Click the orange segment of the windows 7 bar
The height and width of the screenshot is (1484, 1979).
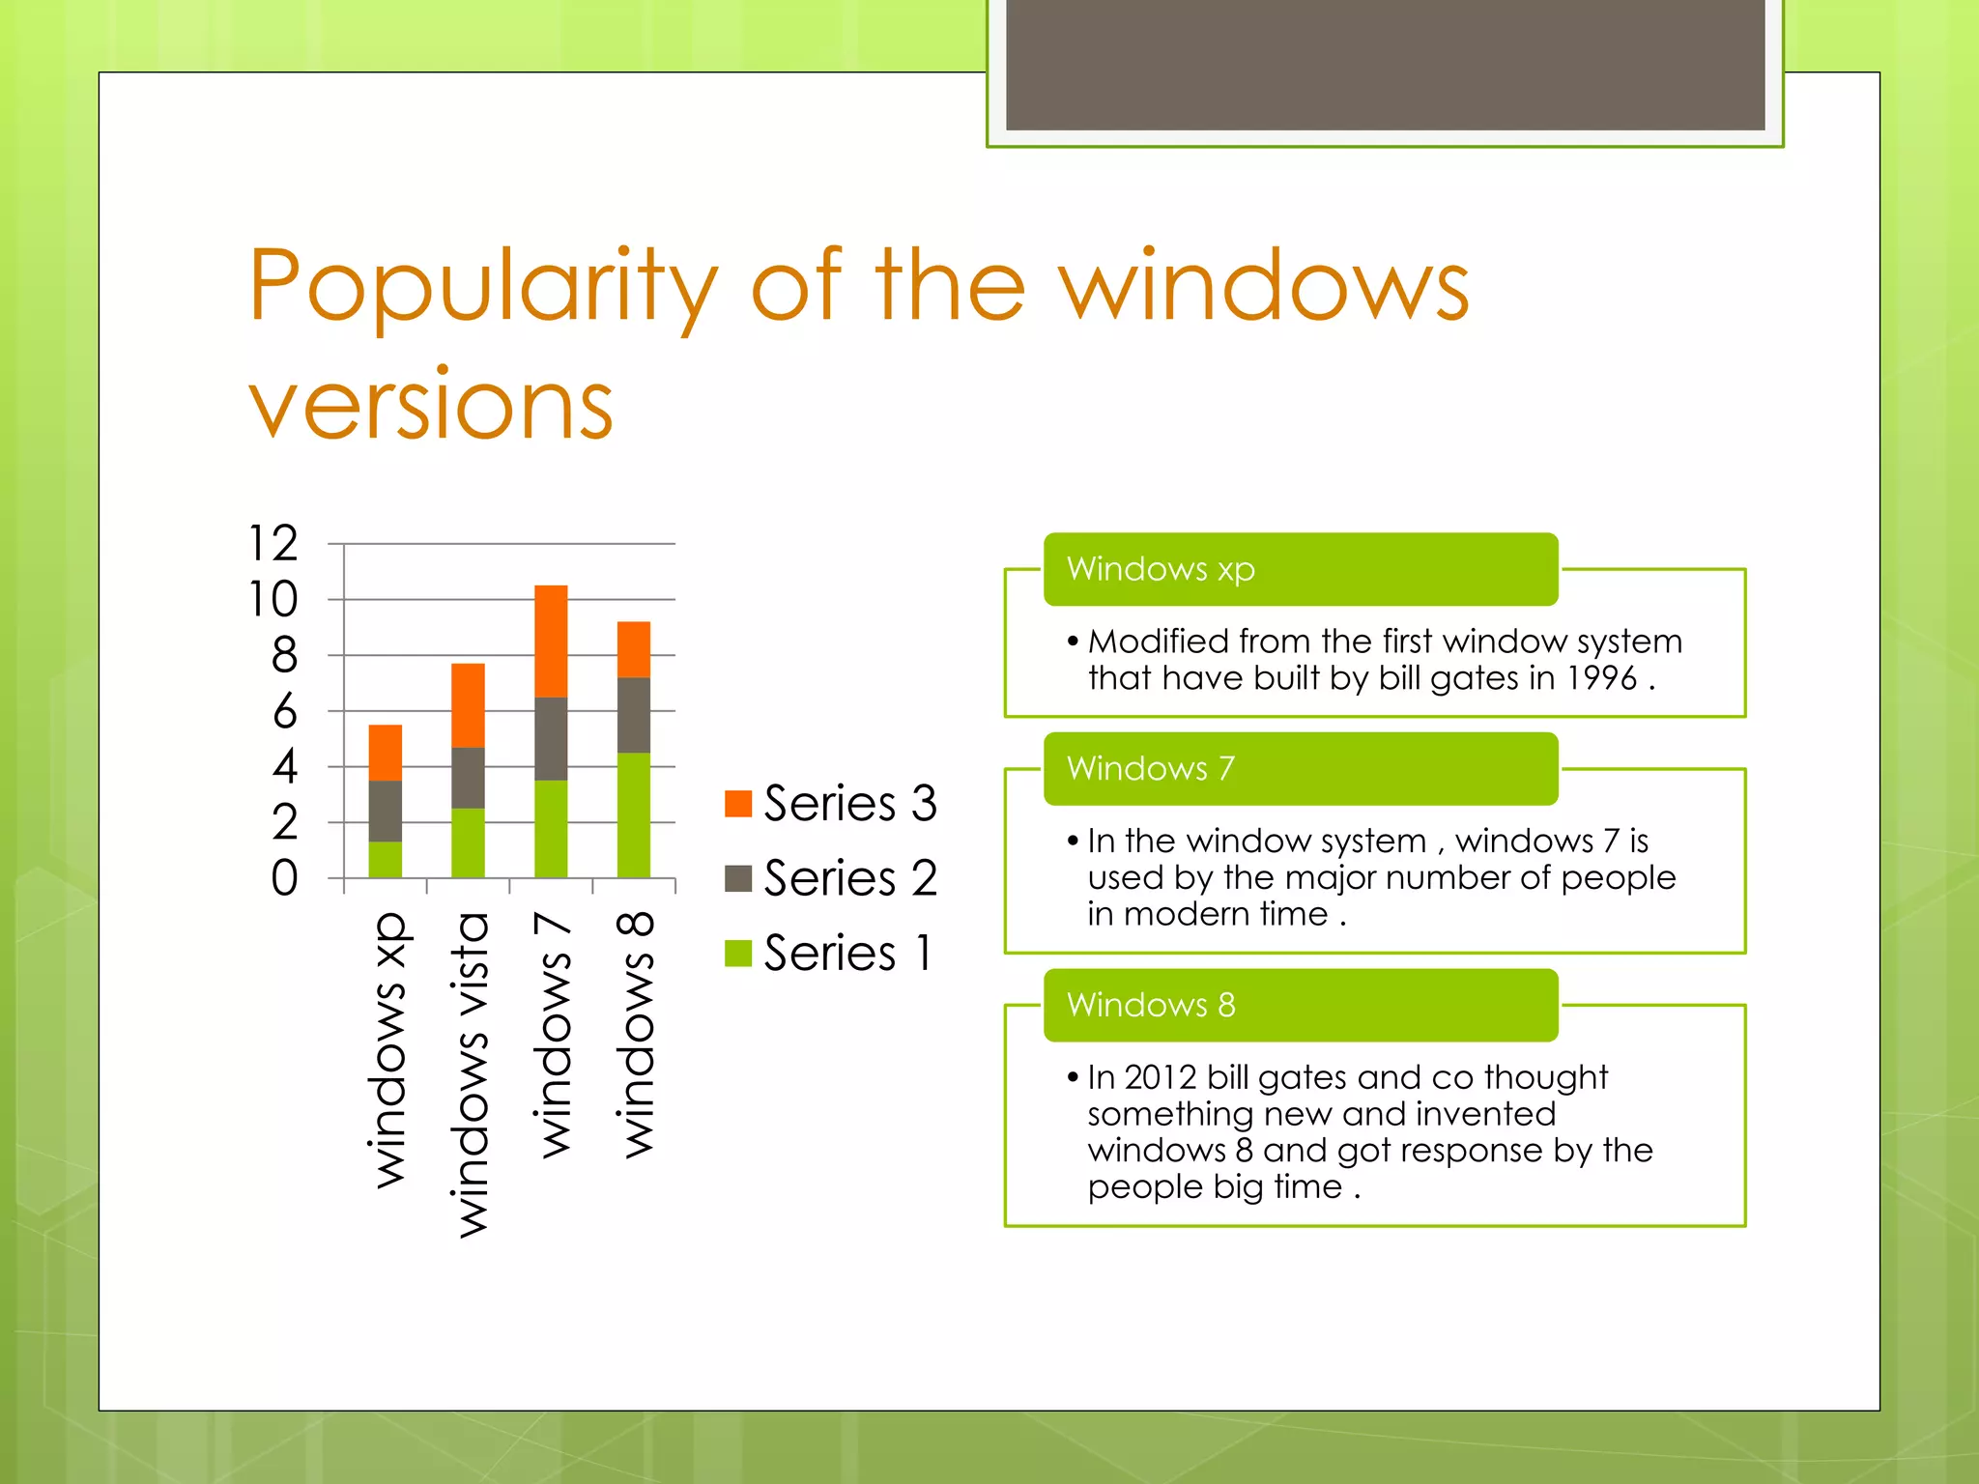pyautogui.click(x=551, y=641)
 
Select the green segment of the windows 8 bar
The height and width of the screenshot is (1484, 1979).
pyautogui.click(x=634, y=814)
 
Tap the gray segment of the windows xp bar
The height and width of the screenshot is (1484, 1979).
pyautogui.click(x=386, y=811)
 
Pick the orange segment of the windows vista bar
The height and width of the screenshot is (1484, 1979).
pyautogui.click(x=468, y=705)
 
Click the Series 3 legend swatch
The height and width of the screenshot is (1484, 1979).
pyautogui.click(x=738, y=803)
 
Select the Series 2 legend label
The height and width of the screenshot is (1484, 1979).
pyautogui.click(x=850, y=878)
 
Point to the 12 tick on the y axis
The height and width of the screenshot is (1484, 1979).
pyautogui.click(x=273, y=544)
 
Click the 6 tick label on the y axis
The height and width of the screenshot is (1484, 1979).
pyautogui.click(x=284, y=712)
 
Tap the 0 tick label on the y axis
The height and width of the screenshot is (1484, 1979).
pyautogui.click(x=284, y=879)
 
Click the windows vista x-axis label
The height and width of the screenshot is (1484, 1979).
pyautogui.click(x=471, y=1074)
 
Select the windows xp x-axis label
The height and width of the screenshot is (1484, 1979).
pyautogui.click(x=388, y=1050)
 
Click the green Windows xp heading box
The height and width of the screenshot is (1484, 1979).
pyautogui.click(x=1300, y=569)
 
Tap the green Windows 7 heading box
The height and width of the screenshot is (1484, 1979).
pyautogui.click(x=1300, y=769)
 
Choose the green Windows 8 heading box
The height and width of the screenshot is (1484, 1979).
pyautogui.click(x=1300, y=1006)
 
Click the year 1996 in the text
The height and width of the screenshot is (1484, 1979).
pyautogui.click(x=1601, y=678)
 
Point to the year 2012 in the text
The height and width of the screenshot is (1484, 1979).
pyautogui.click(x=1161, y=1077)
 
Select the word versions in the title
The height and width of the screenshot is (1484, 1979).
pyautogui.click(x=431, y=407)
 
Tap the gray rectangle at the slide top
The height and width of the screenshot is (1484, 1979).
pyautogui.click(x=1385, y=64)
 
